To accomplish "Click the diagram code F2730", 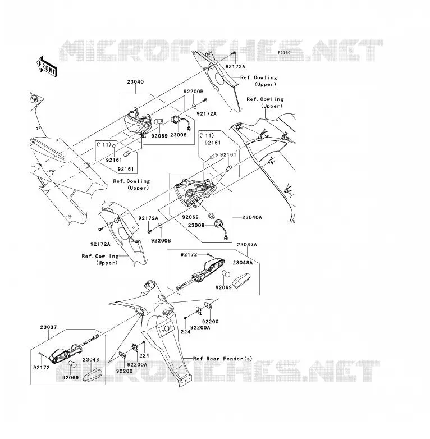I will (283, 53).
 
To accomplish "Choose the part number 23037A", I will (246, 245).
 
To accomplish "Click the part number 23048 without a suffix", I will (91, 360).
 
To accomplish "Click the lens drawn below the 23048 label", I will (91, 374).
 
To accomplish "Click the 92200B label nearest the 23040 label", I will (194, 91).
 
